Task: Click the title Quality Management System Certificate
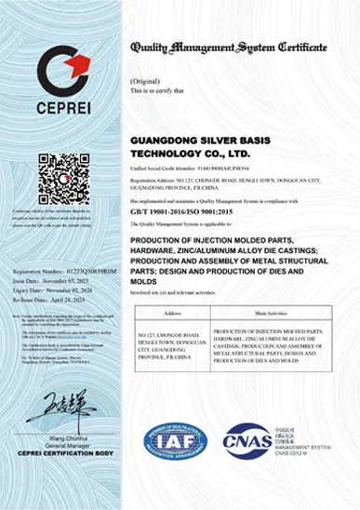point(229,47)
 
